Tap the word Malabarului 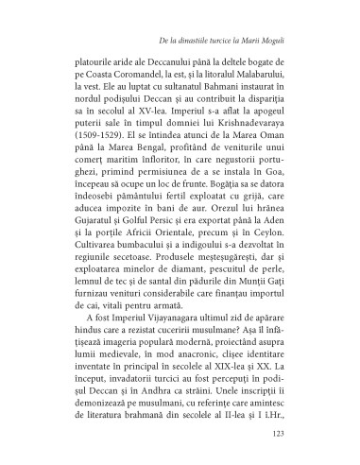(x=267, y=82)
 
